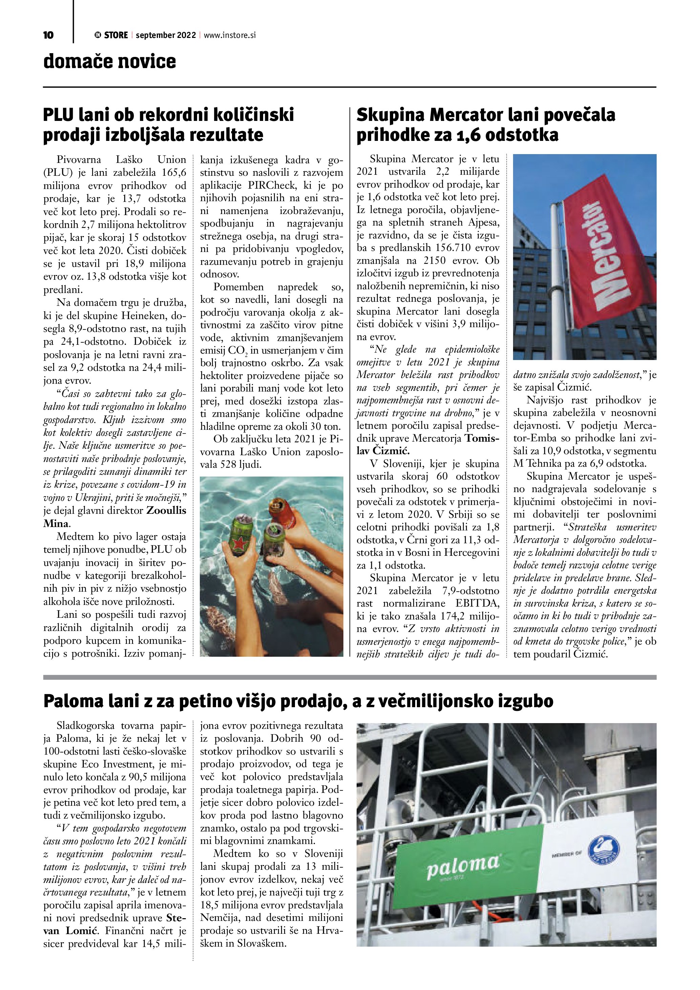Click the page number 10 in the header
point(48,35)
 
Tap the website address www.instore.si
point(229,35)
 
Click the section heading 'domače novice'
point(109,62)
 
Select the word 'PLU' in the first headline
point(59,115)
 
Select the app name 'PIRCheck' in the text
point(272,185)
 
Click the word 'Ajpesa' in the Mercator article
point(483,223)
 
